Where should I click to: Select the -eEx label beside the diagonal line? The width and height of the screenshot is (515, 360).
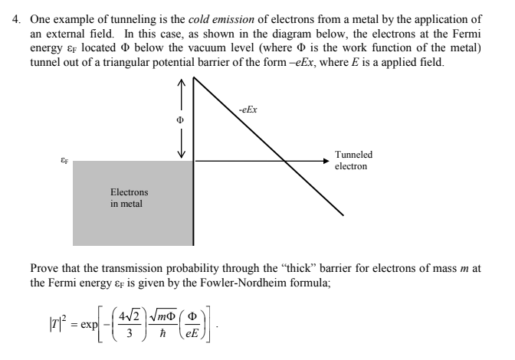click(x=247, y=110)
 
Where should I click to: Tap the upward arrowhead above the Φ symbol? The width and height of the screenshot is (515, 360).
click(x=181, y=82)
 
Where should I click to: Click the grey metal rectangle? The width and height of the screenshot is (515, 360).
click(x=130, y=222)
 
